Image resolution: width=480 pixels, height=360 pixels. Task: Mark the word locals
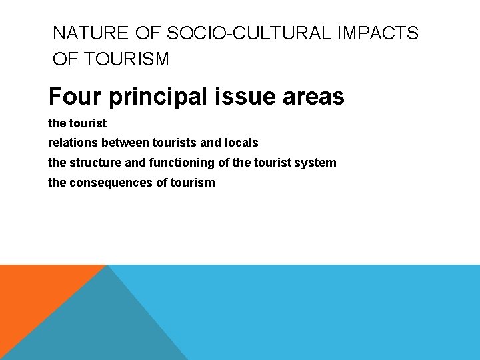(242, 143)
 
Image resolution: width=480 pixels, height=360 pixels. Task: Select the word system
(317, 163)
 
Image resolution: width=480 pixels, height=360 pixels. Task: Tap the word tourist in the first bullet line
(88, 123)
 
